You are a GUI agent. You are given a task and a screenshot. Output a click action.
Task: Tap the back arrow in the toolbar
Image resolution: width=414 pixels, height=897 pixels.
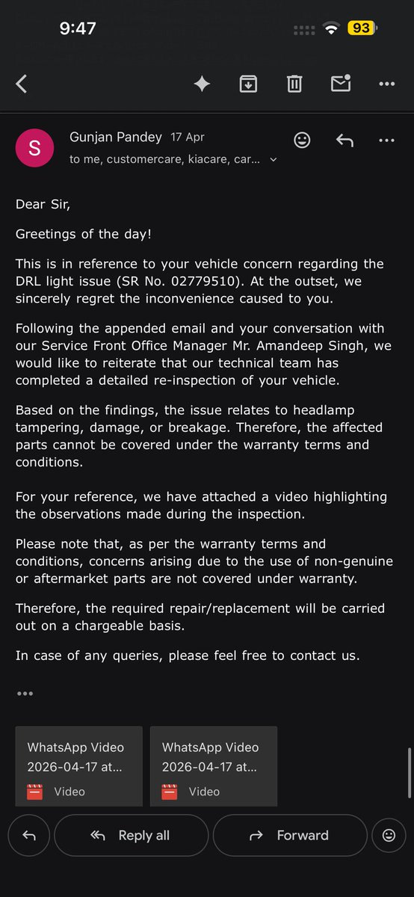click(22, 84)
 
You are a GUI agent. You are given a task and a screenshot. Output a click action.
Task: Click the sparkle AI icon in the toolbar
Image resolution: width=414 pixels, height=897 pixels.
click(202, 84)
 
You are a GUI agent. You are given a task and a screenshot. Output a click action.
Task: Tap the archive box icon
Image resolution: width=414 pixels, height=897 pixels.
click(248, 84)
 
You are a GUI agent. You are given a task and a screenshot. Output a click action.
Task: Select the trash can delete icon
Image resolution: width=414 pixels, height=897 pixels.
click(294, 84)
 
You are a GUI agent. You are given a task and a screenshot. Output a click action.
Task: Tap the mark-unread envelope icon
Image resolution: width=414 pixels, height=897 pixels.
click(341, 84)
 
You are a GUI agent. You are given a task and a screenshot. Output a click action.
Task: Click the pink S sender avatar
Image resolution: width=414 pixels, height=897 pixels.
click(34, 148)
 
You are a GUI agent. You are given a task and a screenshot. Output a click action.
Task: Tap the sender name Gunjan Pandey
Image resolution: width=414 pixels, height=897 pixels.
click(115, 138)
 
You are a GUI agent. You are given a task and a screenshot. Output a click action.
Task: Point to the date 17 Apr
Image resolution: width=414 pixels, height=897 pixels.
click(188, 138)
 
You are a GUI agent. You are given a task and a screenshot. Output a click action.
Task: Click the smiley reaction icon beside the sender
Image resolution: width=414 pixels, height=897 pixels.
click(302, 140)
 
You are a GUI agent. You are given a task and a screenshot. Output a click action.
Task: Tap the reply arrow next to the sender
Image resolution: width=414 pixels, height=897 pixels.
click(345, 140)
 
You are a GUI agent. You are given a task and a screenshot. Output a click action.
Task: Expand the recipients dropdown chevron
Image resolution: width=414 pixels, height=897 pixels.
click(274, 160)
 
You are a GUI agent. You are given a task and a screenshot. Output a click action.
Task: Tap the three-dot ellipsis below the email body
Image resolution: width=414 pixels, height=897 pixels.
click(25, 694)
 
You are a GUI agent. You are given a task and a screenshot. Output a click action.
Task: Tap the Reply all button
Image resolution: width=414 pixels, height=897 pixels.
click(131, 836)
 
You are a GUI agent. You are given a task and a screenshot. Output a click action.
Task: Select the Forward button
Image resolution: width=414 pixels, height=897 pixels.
click(290, 836)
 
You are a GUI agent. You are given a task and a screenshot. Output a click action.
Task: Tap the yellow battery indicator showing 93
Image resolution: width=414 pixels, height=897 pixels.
click(362, 28)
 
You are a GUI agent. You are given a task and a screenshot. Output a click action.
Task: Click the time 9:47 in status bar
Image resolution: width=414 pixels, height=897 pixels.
click(78, 28)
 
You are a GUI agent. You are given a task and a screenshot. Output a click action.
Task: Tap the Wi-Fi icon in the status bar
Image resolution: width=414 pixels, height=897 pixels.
click(330, 28)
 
